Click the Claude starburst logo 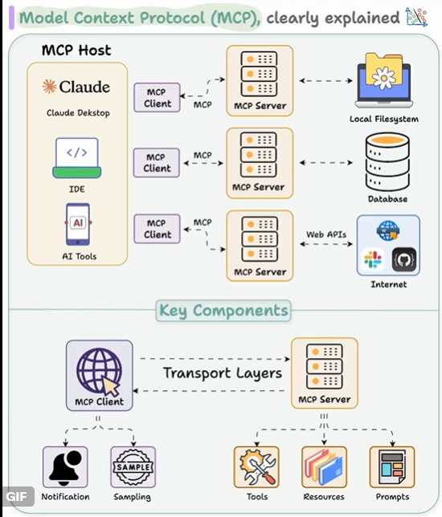(x=49, y=87)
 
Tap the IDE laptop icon (x=77, y=158)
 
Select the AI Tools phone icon (x=78, y=224)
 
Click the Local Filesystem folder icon (x=384, y=80)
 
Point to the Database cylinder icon (x=387, y=161)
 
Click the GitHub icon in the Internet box (x=404, y=259)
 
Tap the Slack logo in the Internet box (x=373, y=259)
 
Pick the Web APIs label (x=326, y=234)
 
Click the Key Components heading (x=223, y=311)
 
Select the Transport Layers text (x=223, y=373)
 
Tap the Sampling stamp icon (x=133, y=467)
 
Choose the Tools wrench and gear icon (x=256, y=467)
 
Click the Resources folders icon (x=324, y=467)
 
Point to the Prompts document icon (x=392, y=467)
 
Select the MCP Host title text (x=76, y=51)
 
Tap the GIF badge (x=17, y=497)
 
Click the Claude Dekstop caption (x=78, y=113)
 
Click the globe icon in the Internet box (x=388, y=230)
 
